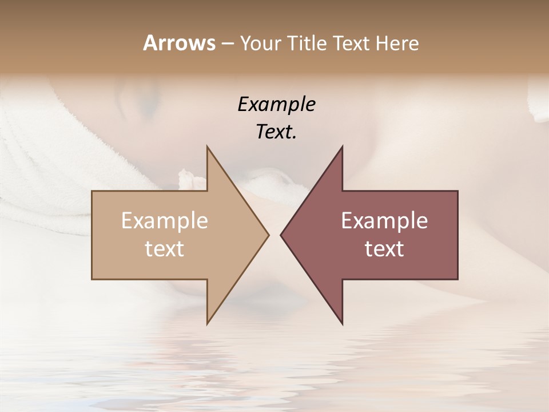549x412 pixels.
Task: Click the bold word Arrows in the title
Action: pyautogui.click(x=179, y=43)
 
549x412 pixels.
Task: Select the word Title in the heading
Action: pyautogui.click(x=305, y=43)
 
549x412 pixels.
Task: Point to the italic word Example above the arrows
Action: pyautogui.click(x=276, y=105)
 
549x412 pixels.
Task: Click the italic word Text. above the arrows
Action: pyautogui.click(x=276, y=132)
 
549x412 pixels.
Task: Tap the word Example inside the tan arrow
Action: pyautogui.click(x=165, y=221)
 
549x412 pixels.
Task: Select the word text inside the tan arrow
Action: pyautogui.click(x=165, y=249)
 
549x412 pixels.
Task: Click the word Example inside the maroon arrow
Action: pyautogui.click(x=384, y=221)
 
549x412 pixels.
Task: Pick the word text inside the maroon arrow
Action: pyautogui.click(x=384, y=249)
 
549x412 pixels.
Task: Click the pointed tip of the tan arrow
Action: pyautogui.click(x=268, y=235)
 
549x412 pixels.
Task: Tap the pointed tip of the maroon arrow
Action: pyautogui.click(x=281, y=235)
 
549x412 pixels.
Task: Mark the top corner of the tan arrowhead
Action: pyautogui.click(x=208, y=148)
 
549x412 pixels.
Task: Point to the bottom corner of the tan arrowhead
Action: pyautogui.click(x=208, y=323)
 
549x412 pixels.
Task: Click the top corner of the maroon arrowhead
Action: pyautogui.click(x=342, y=148)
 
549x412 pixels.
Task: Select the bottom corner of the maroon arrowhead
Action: pyautogui.click(x=342, y=323)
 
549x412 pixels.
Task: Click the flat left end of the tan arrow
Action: pyautogui.click(x=93, y=235)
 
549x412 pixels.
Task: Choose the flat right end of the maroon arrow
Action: pyautogui.click(x=457, y=235)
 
